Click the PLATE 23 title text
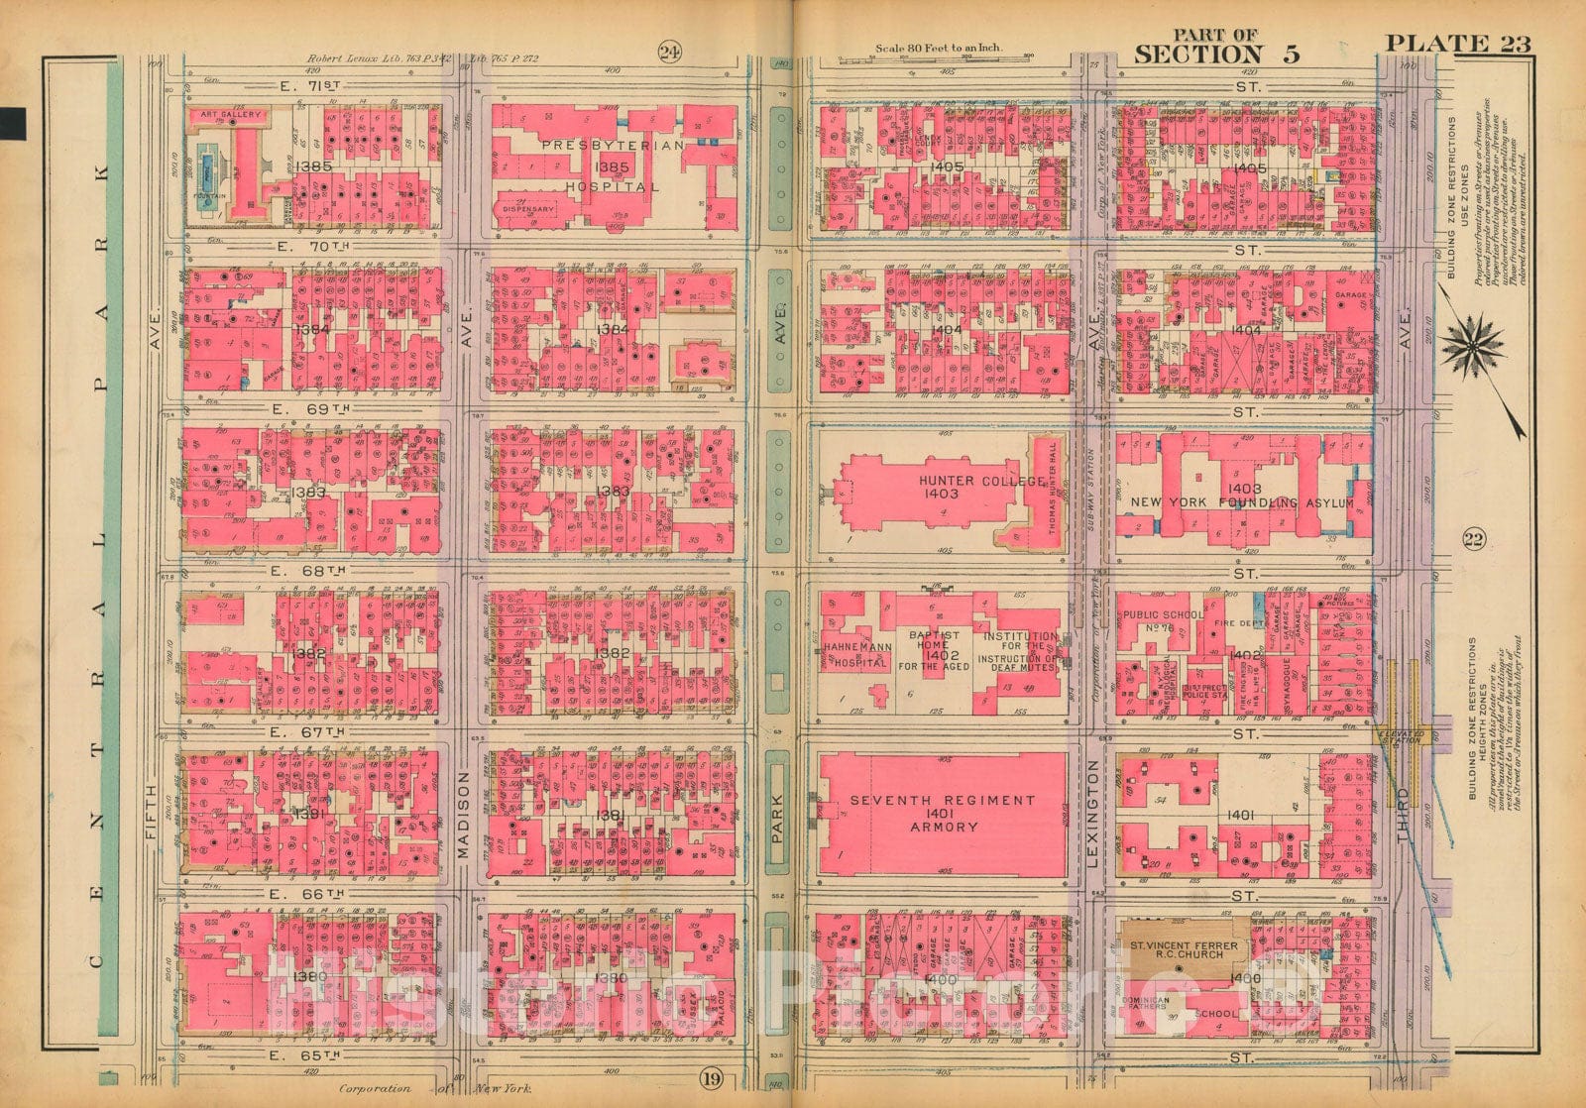click(x=1457, y=43)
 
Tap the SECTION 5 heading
click(x=1215, y=54)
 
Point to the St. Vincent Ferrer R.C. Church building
click(x=1183, y=952)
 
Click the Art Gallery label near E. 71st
click(x=231, y=114)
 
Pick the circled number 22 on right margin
click(x=1472, y=539)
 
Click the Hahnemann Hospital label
click(x=854, y=654)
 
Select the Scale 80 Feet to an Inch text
click(x=938, y=48)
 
